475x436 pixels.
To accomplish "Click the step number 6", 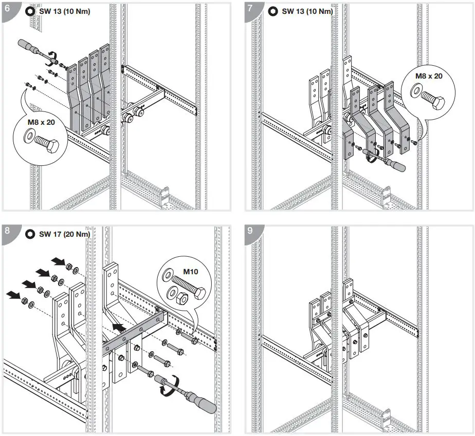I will coord(7,9).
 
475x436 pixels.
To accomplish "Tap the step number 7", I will coord(250,9).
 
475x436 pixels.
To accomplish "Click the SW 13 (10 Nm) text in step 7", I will coord(307,11).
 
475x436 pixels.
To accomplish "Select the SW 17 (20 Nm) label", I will coord(64,234).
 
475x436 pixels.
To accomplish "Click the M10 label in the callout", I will coord(181,271).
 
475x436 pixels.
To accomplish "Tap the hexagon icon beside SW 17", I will coord(30,234).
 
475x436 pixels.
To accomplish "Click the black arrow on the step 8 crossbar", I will coord(119,327).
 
